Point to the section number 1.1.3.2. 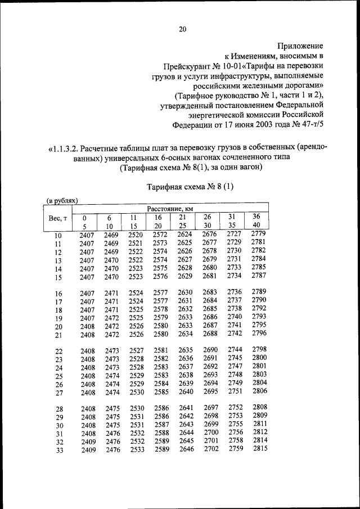click(x=65, y=149)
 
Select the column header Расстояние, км click(x=170, y=208)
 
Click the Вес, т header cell click(x=58, y=218)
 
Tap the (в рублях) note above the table click(x=61, y=200)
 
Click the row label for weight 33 click(x=58, y=450)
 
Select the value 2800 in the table click(x=259, y=357)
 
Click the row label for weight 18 click(x=58, y=310)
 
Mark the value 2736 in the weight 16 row click(x=235, y=291)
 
